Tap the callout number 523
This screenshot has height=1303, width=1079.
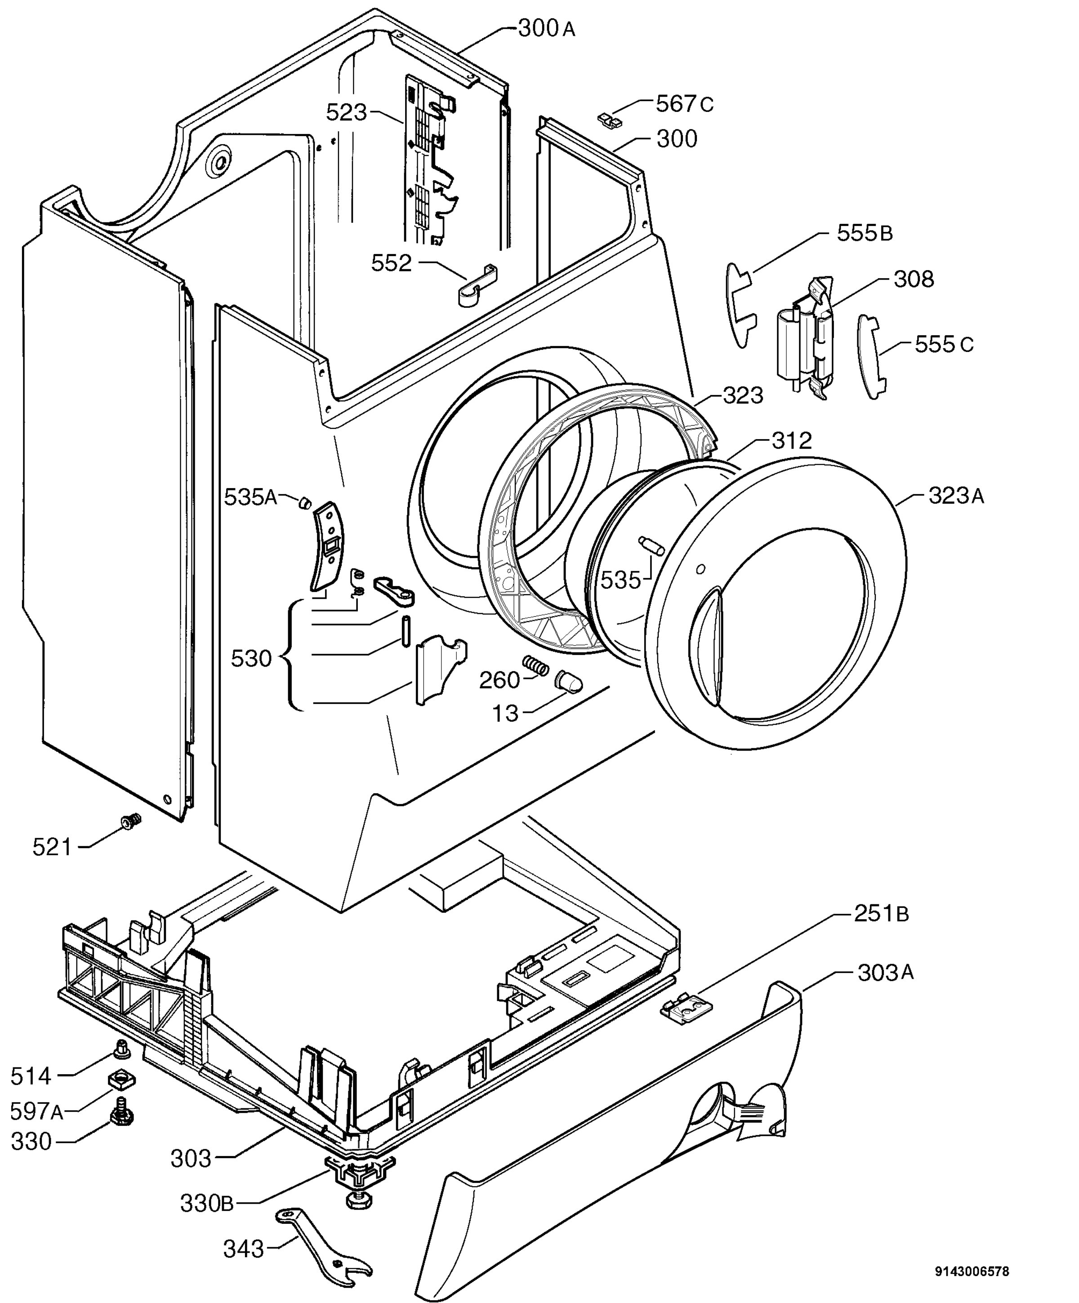(347, 112)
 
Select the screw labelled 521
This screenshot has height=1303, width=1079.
(129, 822)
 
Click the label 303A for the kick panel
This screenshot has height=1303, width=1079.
(886, 973)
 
